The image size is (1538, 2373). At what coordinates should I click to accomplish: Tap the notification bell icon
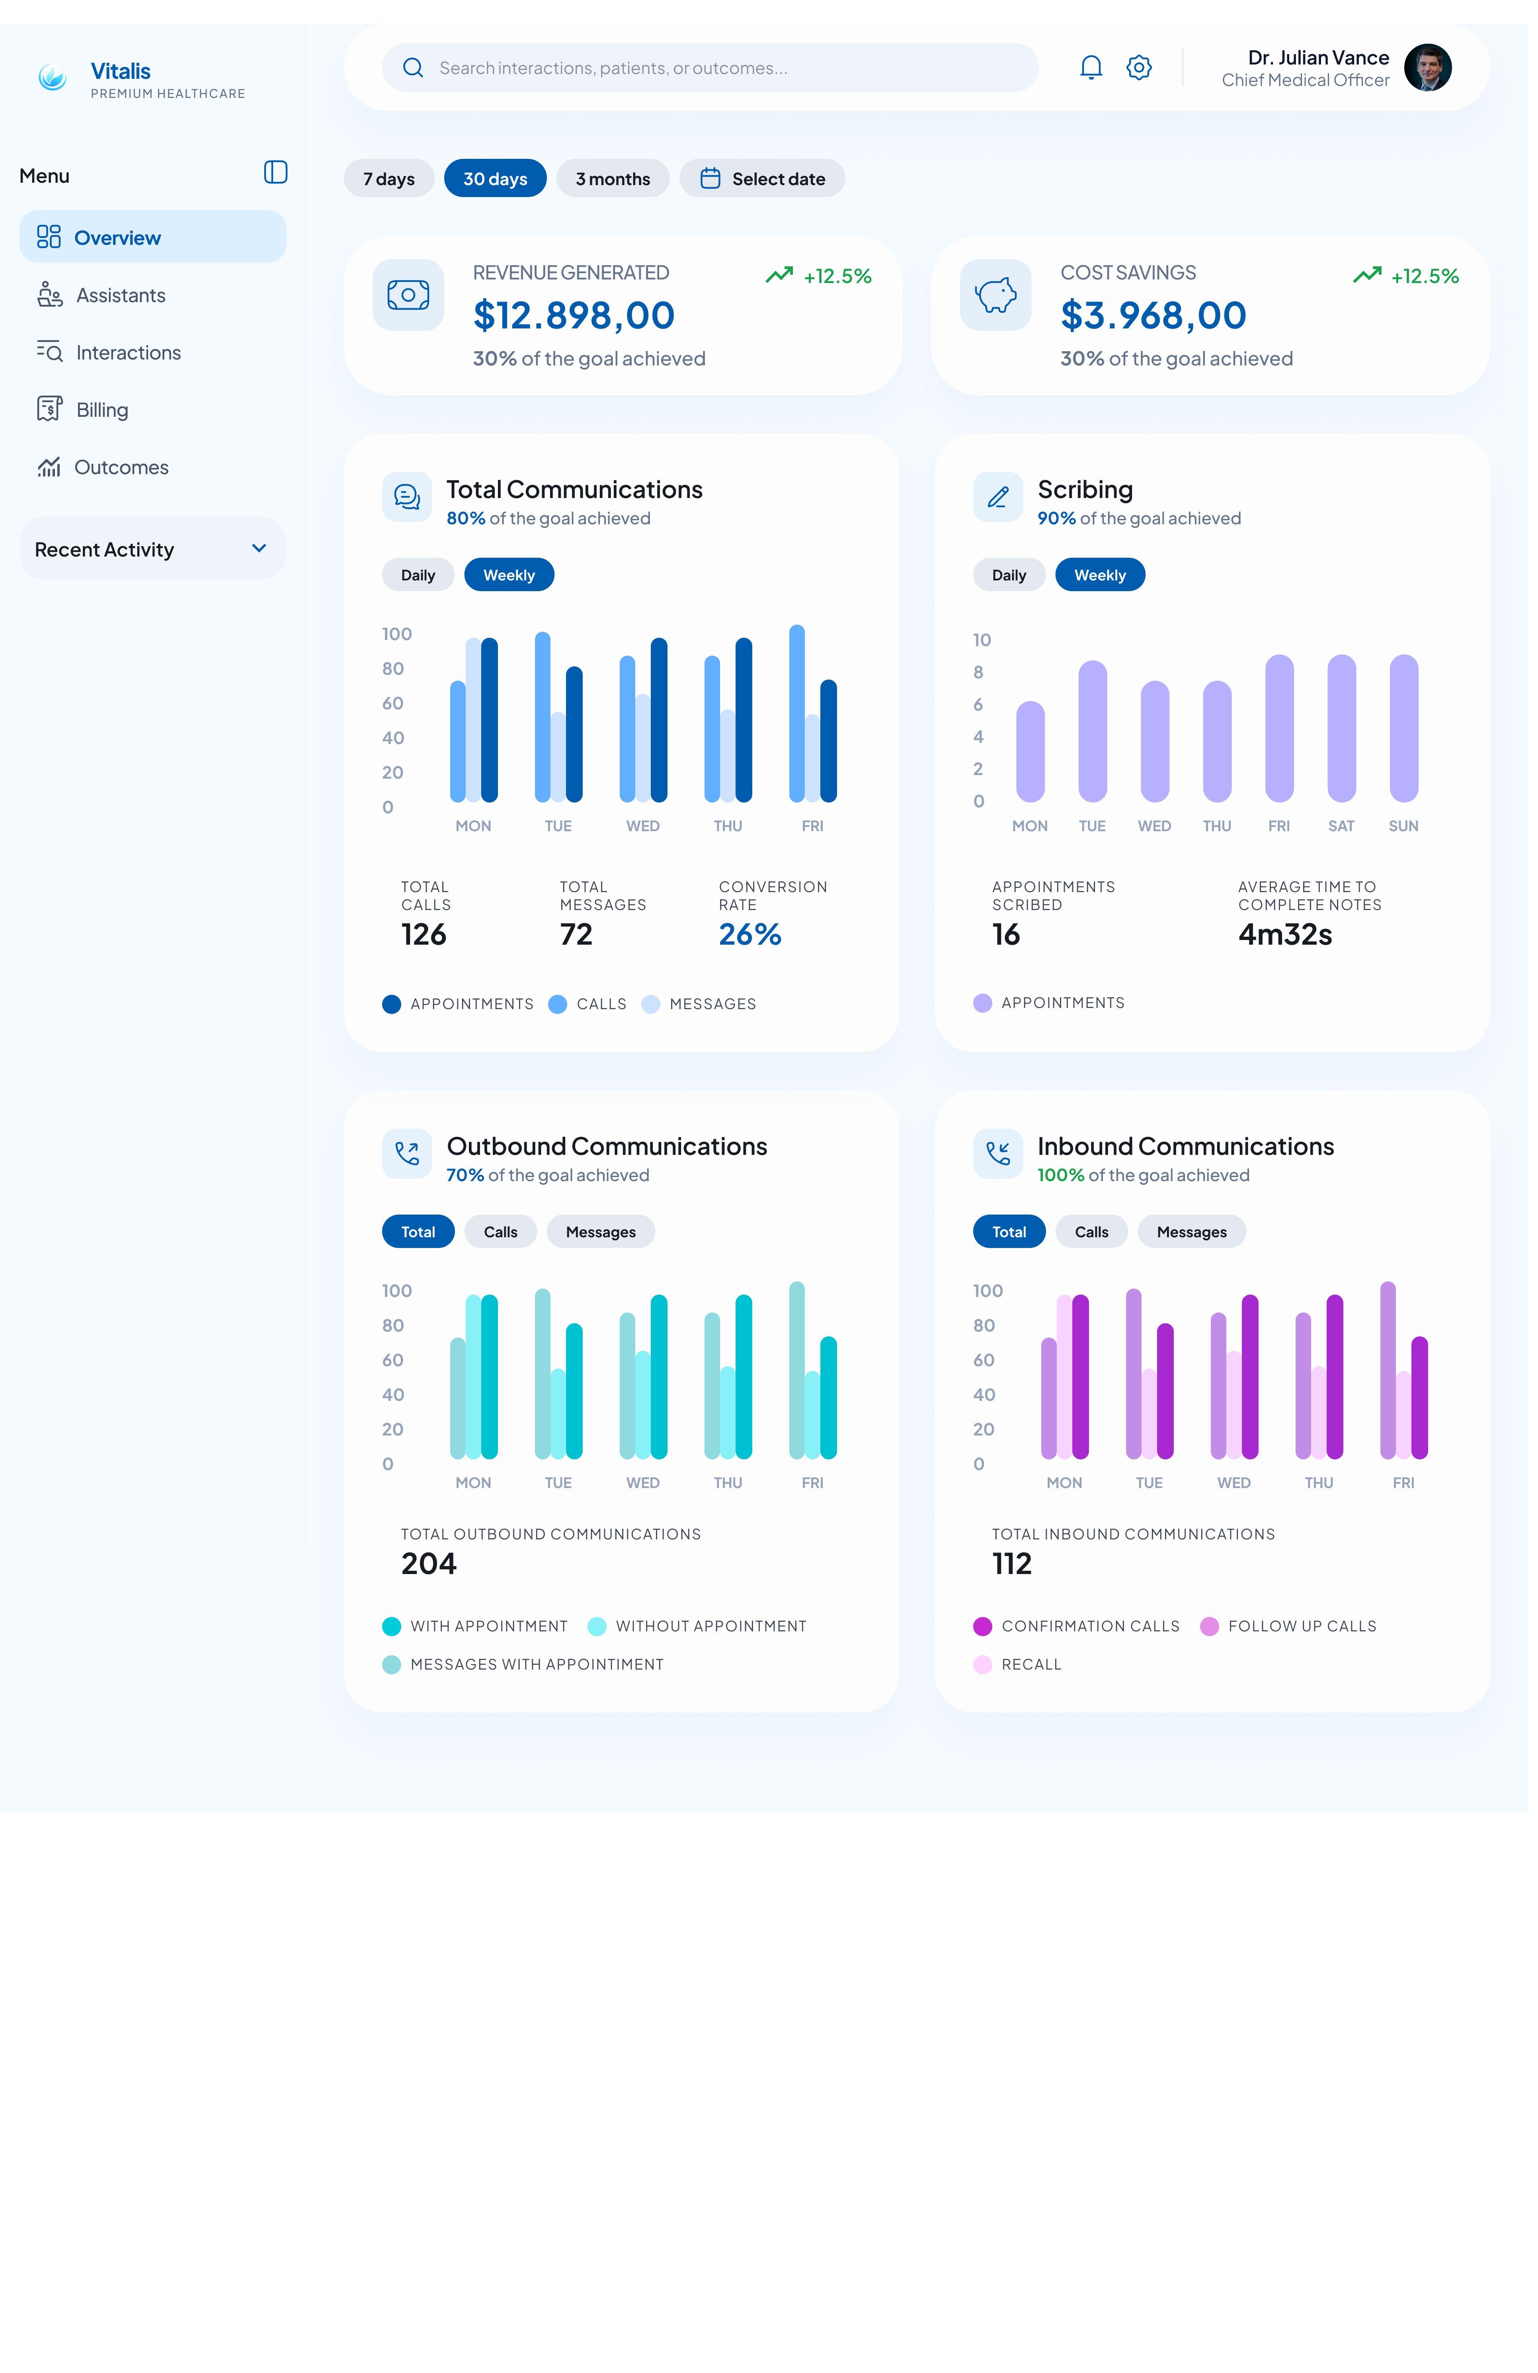coord(1091,67)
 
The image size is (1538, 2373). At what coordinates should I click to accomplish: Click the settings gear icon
coord(1138,67)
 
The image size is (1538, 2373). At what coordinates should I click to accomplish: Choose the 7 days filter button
coord(389,178)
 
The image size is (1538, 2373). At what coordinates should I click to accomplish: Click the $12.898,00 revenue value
coord(574,315)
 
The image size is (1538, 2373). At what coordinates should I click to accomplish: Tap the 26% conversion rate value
coord(749,934)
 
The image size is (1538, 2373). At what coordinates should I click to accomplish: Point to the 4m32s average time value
coord(1285,934)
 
